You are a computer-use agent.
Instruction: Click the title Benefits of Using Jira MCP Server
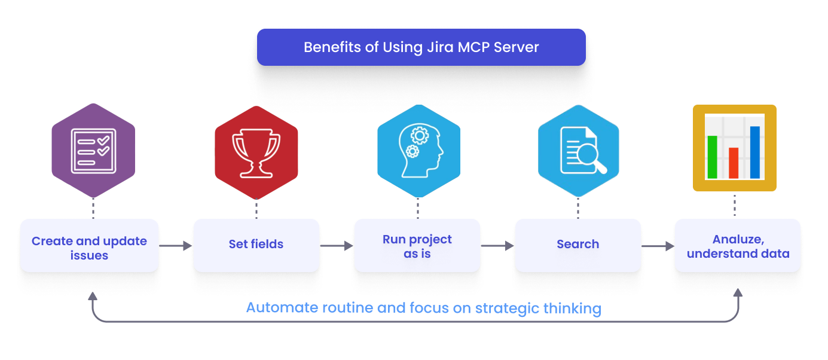(421, 47)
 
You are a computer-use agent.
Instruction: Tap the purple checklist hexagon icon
(93, 151)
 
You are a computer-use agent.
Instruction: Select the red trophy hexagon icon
(256, 152)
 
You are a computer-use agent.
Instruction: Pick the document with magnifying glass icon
(579, 151)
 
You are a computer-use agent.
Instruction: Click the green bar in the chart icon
(712, 157)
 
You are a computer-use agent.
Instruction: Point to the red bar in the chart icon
(734, 163)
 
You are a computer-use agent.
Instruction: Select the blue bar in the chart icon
(755, 152)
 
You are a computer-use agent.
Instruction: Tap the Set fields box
(256, 245)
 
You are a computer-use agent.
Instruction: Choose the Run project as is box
(417, 246)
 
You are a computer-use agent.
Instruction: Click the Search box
(578, 245)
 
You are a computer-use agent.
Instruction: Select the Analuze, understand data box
(738, 246)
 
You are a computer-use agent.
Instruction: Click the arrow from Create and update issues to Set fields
(176, 246)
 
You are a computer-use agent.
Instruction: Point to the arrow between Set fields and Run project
(337, 246)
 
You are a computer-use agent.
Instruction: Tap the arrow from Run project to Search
(497, 246)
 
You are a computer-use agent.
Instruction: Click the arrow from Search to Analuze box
(658, 246)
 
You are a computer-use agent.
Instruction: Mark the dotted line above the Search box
(578, 208)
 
